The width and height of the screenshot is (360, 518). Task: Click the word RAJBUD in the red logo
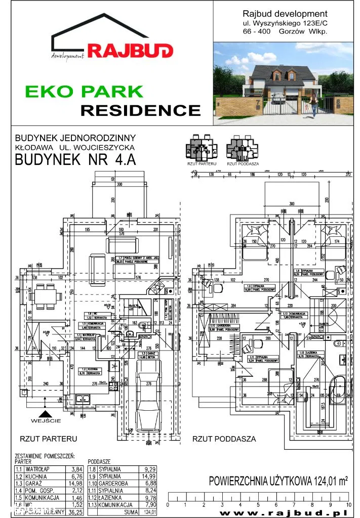(130, 50)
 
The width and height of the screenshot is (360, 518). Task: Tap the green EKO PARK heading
(85, 92)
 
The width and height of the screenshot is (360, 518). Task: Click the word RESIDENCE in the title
(141, 110)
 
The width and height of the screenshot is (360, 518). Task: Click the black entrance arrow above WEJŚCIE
(45, 413)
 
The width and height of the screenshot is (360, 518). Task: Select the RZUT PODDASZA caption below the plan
(224, 439)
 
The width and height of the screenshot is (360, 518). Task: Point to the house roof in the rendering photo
(274, 71)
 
